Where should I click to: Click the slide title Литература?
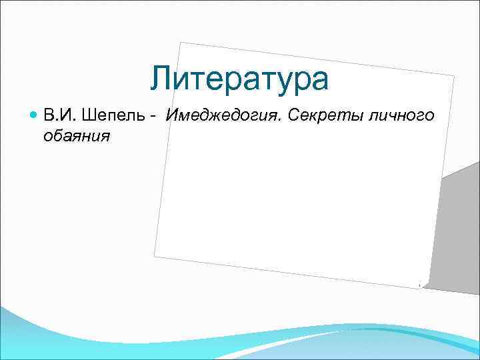tap(239, 79)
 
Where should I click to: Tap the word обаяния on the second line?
tap(76, 136)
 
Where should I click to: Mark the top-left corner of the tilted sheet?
tap(181, 43)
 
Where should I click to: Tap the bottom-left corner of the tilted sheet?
tap(154, 255)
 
